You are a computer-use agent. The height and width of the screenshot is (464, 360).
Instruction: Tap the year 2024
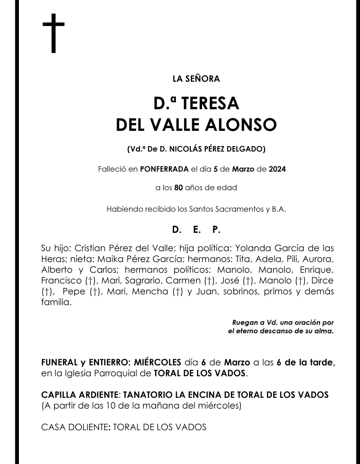[x=277, y=170]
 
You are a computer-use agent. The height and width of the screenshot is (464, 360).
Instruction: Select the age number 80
[x=179, y=188]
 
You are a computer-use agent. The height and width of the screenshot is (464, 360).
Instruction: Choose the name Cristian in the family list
[x=90, y=249]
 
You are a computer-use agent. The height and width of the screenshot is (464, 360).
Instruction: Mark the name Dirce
[x=322, y=281]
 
